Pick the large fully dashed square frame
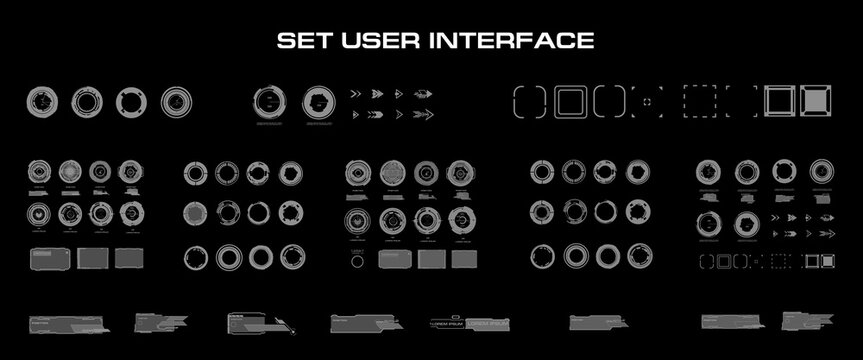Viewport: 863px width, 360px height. [699, 101]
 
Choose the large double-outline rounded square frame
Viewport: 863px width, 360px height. [569, 101]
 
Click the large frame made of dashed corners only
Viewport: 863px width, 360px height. [741, 101]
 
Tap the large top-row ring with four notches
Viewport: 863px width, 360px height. [132, 101]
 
